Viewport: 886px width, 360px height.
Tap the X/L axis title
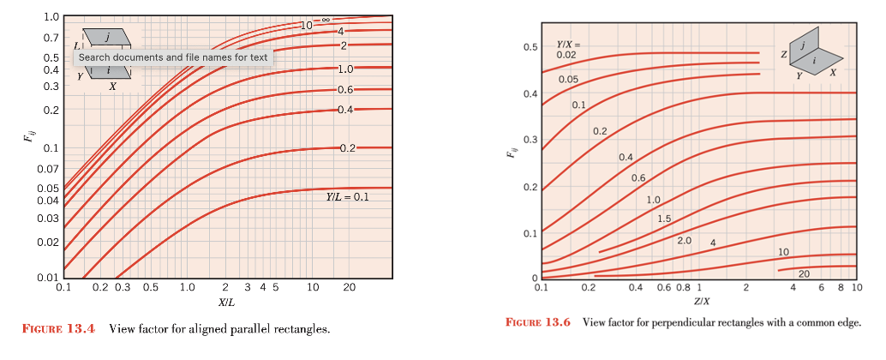(x=227, y=303)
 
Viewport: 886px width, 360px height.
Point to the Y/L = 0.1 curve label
(x=346, y=197)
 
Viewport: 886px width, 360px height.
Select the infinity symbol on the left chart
(x=326, y=19)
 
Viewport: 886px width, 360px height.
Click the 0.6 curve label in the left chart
(x=345, y=89)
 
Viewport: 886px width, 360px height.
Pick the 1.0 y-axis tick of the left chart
(x=51, y=17)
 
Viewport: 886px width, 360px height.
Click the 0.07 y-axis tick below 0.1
(x=48, y=168)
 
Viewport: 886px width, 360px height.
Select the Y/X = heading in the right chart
(x=570, y=44)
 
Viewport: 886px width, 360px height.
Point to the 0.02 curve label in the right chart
(x=566, y=54)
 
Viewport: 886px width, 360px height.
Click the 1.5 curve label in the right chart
(x=664, y=219)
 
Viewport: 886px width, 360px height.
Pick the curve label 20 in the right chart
(x=803, y=273)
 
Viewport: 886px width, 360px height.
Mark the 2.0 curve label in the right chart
(x=684, y=240)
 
